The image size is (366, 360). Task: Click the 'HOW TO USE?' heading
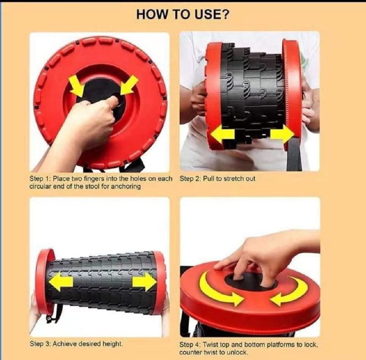183,15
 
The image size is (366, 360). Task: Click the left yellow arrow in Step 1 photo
77,86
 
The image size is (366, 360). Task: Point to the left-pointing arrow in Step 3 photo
61,283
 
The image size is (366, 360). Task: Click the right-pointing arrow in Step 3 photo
145,282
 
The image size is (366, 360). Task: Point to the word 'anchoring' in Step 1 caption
126,186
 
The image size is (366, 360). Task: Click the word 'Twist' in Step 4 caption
210,344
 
